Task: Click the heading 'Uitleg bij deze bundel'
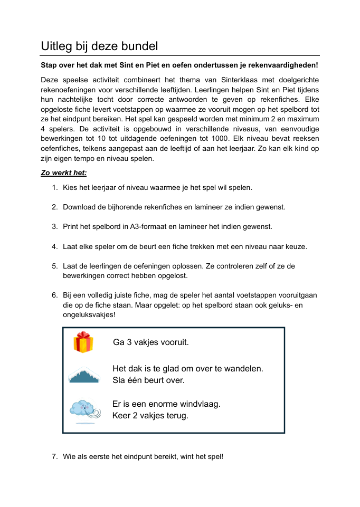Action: pos(99,46)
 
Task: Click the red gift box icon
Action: pos(83,342)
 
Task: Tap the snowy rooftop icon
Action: pos(83,375)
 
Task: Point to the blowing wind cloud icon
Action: pos(83,410)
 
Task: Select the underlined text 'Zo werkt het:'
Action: pos(64,173)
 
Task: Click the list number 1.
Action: pos(54,187)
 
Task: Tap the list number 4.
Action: pos(54,246)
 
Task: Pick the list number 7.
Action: pos(54,456)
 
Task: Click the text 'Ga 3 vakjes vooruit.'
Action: pos(150,342)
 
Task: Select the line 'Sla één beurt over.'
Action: pos(148,380)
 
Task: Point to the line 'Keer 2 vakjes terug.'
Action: pos(150,415)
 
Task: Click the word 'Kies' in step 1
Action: pos(70,187)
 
